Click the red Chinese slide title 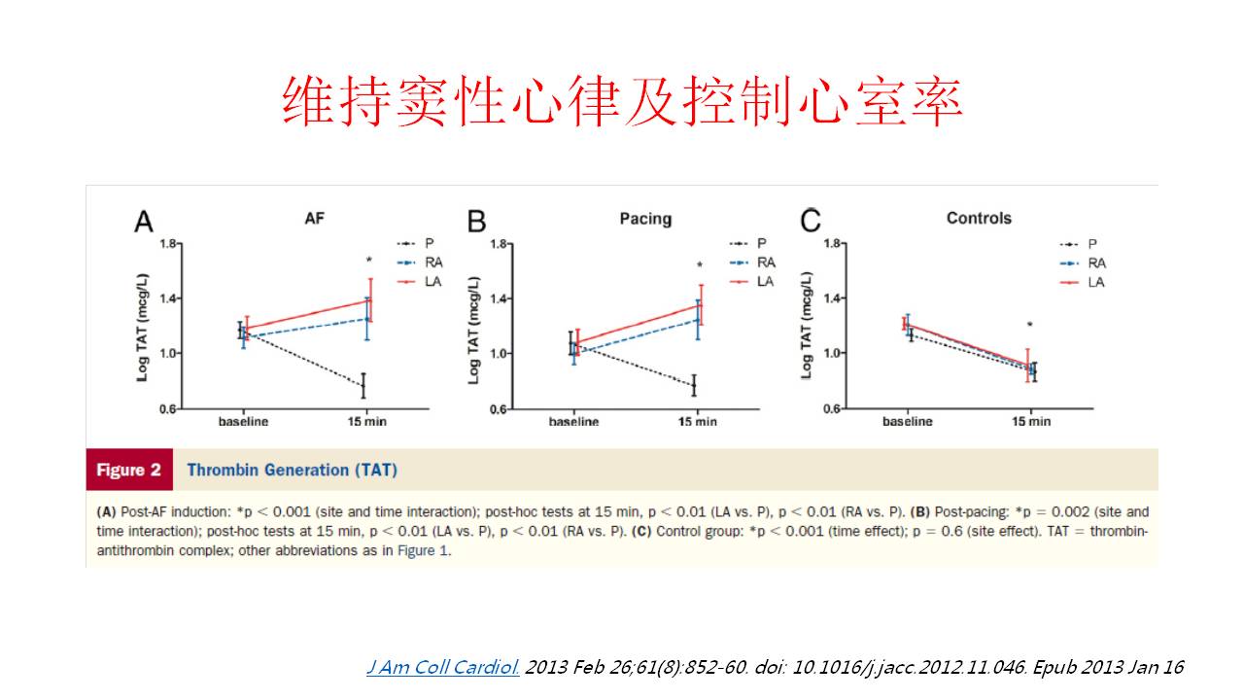tap(622, 101)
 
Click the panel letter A tap(144, 222)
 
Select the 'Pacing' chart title tap(645, 219)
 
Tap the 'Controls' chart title tap(979, 218)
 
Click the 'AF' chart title tap(314, 219)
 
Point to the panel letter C tap(810, 222)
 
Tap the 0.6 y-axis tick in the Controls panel tap(833, 408)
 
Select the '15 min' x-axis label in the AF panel tap(365, 421)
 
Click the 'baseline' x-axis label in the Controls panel tap(907, 421)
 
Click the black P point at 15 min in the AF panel tap(363, 386)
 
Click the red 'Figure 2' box tap(128, 470)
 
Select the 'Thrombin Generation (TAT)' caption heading tap(292, 470)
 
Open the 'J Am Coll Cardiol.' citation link tap(443, 668)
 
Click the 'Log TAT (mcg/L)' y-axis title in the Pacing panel tap(474, 329)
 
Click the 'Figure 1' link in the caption tap(423, 550)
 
